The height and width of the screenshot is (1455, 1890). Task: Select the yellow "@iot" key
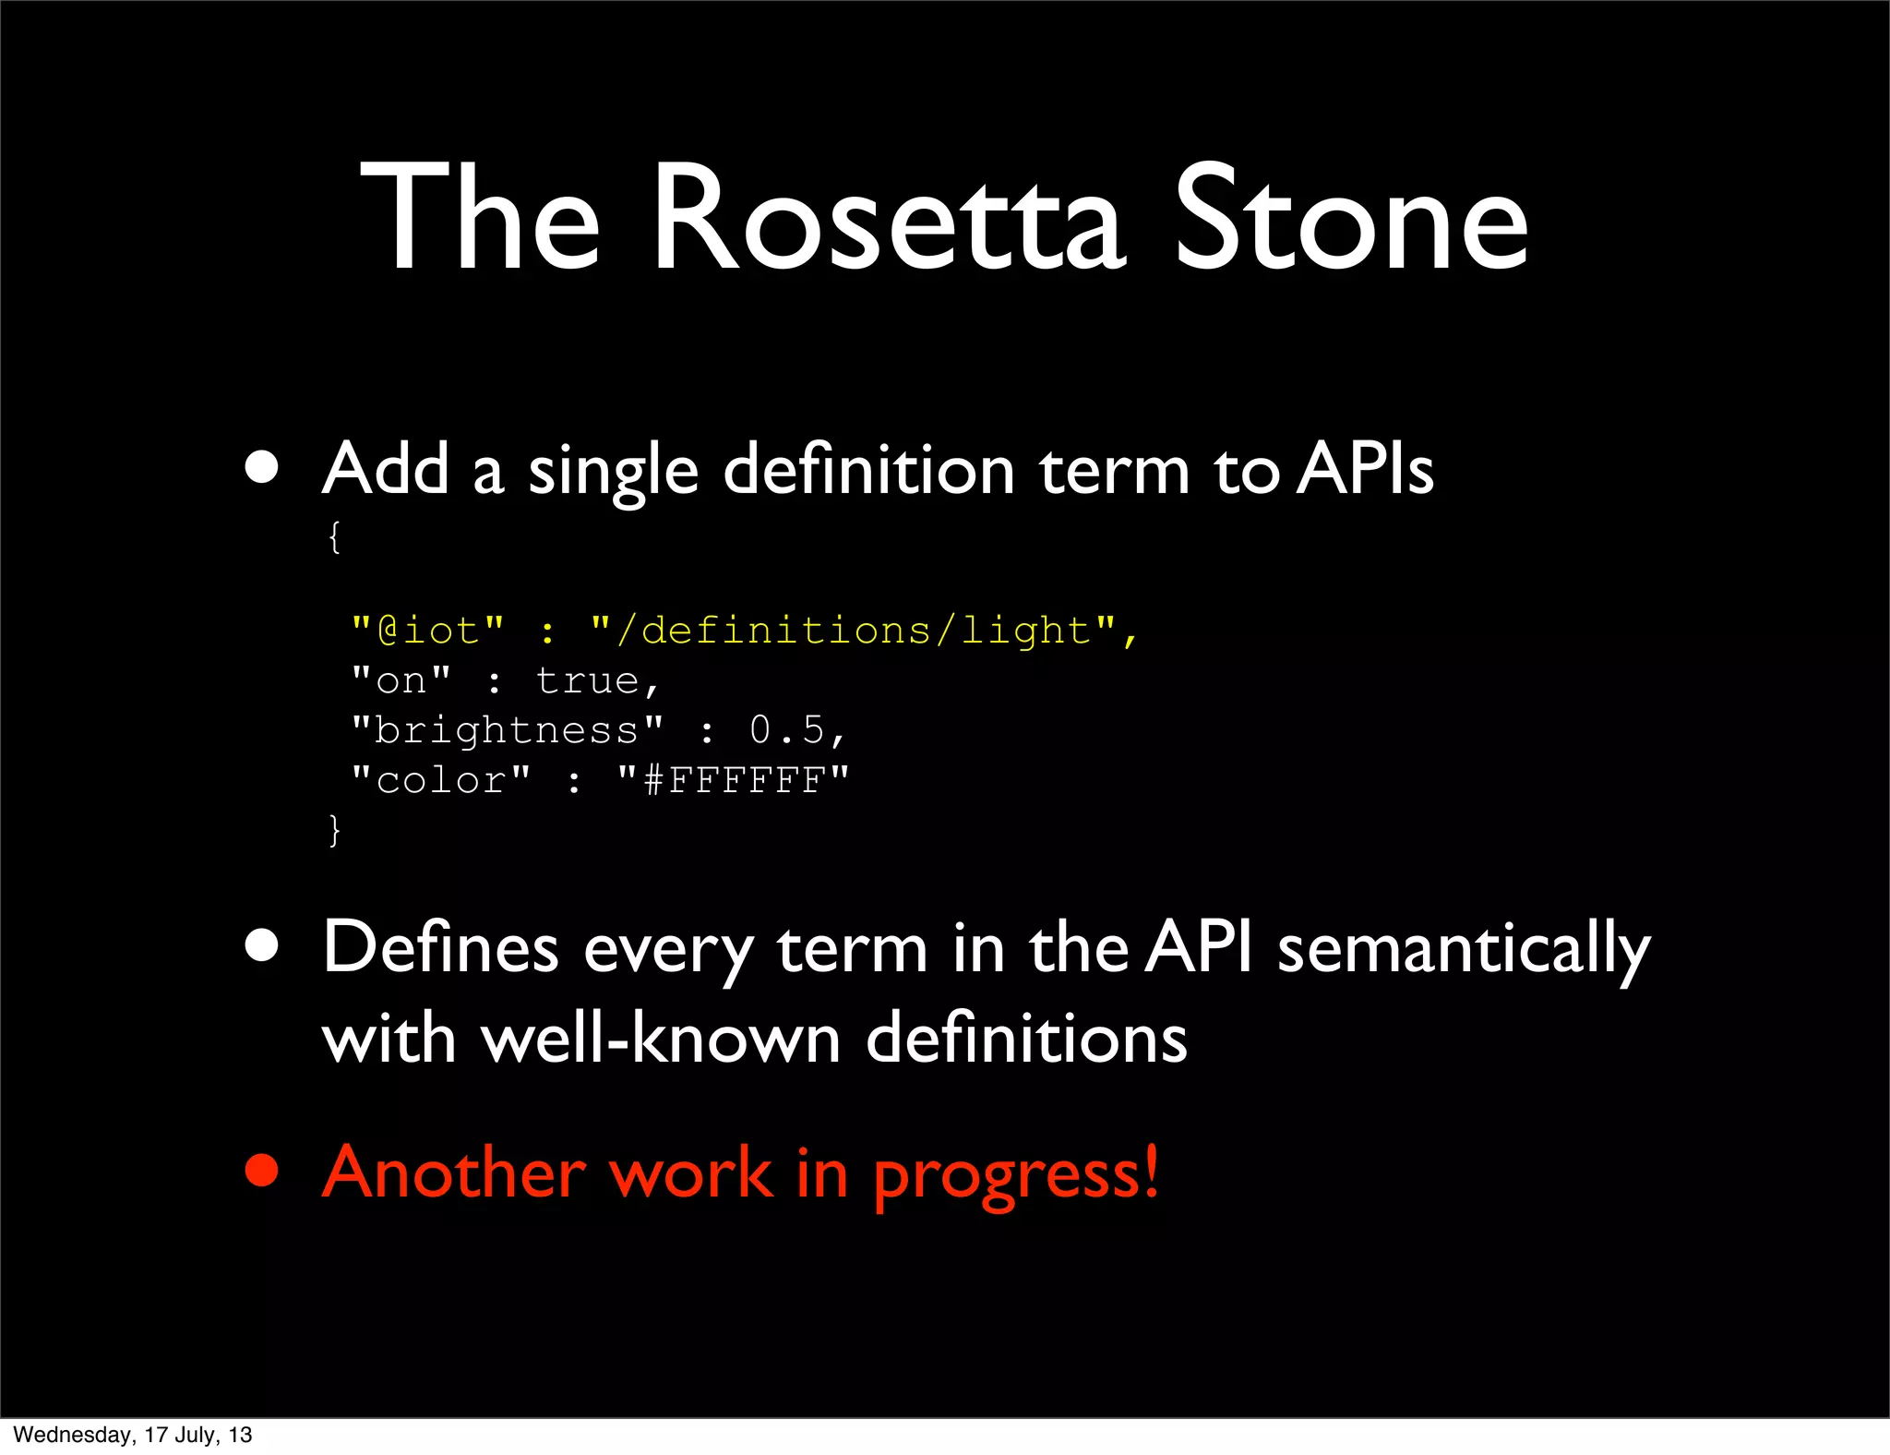pyautogui.click(x=428, y=631)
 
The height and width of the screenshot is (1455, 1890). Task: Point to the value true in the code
pyautogui.click(x=587, y=681)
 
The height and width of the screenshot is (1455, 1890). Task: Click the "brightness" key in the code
pyautogui.click(x=507, y=730)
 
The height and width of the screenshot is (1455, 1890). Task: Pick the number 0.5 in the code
pyautogui.click(x=787, y=730)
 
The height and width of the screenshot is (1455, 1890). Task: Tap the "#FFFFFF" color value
pyautogui.click(x=733, y=781)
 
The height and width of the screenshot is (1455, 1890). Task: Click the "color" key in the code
pyautogui.click(x=441, y=781)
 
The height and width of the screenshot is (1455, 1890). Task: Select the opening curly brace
pyautogui.click(x=334, y=536)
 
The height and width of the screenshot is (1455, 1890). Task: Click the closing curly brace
pyautogui.click(x=334, y=829)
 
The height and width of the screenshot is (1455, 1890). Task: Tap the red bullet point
pyautogui.click(x=262, y=1171)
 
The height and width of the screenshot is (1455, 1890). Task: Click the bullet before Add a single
pyautogui.click(x=262, y=467)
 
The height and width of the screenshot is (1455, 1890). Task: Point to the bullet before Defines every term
pyautogui.click(x=262, y=945)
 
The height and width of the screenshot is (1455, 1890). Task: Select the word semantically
pyautogui.click(x=1463, y=949)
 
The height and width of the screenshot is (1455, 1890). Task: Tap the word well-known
pyautogui.click(x=661, y=1039)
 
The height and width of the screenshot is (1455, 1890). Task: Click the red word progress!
pyautogui.click(x=1015, y=1174)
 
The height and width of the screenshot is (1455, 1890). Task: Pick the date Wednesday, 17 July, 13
pyautogui.click(x=132, y=1435)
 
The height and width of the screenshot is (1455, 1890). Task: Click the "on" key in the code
pyautogui.click(x=401, y=681)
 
